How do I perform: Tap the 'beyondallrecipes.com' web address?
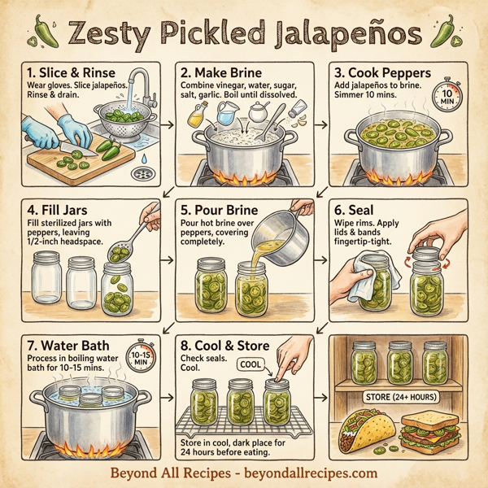pyautogui.click(x=309, y=471)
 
